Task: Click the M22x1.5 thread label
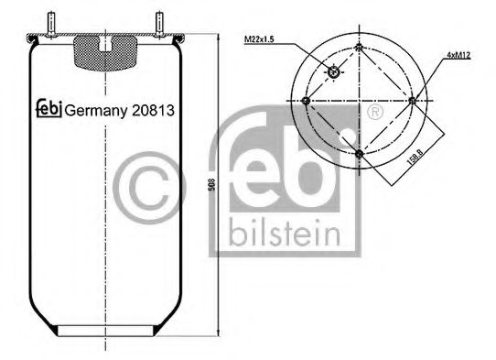260,39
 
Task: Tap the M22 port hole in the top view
334,72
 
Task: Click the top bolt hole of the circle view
360,47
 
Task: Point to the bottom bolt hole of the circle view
360,153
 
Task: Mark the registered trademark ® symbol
372,112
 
